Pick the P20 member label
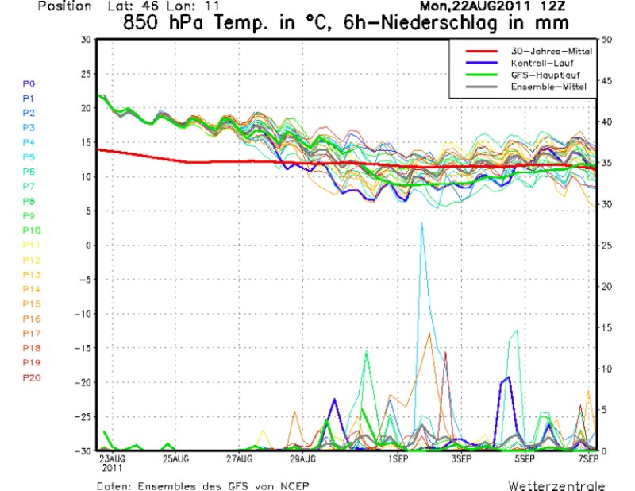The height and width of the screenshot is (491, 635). coord(31,377)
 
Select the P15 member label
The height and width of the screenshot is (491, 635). coord(31,303)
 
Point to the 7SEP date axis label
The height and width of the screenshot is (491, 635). coord(587,459)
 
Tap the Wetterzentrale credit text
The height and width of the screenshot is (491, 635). coord(556,485)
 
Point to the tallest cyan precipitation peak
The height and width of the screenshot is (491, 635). coord(422,224)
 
